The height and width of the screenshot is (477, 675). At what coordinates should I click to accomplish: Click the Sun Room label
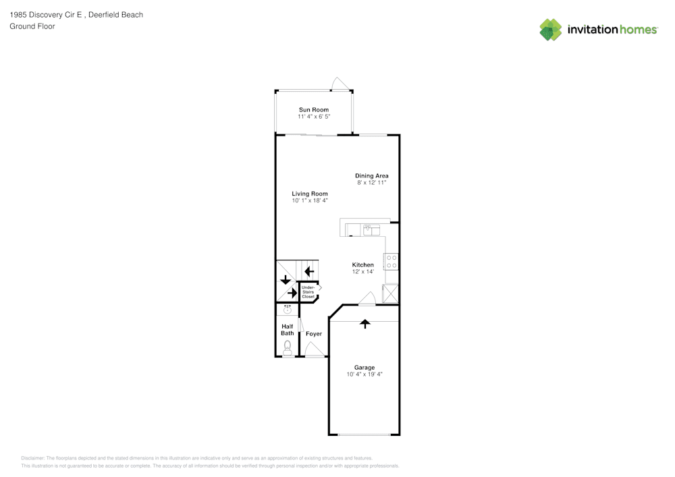(x=314, y=110)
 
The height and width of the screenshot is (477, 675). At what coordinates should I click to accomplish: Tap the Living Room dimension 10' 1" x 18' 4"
(x=310, y=200)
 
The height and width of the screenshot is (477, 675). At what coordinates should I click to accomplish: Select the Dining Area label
(x=371, y=175)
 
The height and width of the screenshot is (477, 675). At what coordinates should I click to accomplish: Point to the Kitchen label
(x=363, y=264)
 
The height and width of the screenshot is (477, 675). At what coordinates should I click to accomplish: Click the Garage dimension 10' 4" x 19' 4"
(x=364, y=374)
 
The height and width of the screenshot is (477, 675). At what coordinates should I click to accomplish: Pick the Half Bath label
(x=287, y=330)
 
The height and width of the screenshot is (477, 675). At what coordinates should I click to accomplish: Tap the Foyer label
(x=314, y=334)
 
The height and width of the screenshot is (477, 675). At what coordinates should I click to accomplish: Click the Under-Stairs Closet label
(x=308, y=292)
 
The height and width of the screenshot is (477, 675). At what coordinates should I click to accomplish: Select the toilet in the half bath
(x=287, y=347)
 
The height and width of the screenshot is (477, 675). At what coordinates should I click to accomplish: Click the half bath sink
(x=288, y=309)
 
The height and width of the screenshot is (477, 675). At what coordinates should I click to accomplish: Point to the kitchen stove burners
(x=391, y=262)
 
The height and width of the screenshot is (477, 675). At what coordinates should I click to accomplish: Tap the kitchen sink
(x=371, y=230)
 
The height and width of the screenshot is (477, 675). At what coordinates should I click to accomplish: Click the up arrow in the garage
(x=365, y=324)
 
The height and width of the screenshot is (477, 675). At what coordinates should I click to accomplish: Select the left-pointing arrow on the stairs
(x=309, y=271)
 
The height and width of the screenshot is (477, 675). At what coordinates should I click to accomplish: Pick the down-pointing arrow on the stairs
(x=286, y=280)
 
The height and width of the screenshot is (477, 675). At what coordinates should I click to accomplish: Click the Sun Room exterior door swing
(x=340, y=83)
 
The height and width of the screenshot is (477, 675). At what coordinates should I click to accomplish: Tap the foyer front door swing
(x=315, y=349)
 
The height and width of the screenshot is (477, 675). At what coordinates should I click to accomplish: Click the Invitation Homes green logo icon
(x=551, y=30)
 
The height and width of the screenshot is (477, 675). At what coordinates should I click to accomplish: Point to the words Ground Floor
(x=32, y=26)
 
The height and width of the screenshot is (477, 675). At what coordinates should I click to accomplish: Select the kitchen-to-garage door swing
(x=367, y=298)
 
